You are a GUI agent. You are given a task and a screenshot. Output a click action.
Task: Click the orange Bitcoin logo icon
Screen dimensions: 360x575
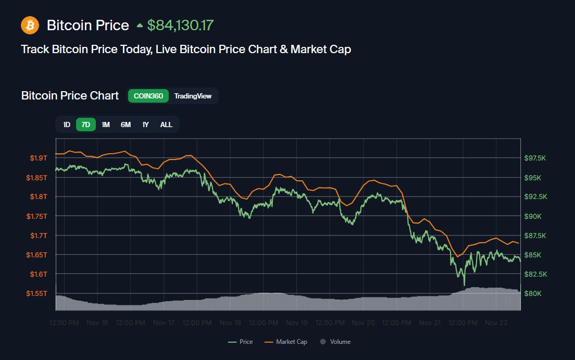point(30,25)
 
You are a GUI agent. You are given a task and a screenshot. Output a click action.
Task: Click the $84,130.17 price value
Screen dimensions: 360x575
point(180,25)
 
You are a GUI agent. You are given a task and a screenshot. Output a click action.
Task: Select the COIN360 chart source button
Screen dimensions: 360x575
point(148,96)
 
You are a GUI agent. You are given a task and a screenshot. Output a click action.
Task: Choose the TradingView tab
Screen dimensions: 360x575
point(193,96)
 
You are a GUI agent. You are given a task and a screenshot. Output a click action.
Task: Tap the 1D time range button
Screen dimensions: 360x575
point(67,125)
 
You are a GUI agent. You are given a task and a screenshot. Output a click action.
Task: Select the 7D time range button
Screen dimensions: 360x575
point(86,125)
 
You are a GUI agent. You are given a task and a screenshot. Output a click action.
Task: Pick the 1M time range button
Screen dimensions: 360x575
point(106,125)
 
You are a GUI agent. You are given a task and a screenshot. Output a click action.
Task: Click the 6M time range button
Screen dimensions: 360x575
point(126,125)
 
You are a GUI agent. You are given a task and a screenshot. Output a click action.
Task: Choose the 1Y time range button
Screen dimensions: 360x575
point(146,125)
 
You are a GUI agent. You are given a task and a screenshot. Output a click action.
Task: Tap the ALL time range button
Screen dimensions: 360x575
point(166,125)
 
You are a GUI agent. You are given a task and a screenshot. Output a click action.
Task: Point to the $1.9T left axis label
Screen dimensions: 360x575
point(38,158)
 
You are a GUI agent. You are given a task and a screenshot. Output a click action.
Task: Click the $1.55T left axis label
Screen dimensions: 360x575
point(36,293)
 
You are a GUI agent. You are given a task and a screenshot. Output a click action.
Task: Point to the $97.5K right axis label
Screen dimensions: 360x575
point(535,158)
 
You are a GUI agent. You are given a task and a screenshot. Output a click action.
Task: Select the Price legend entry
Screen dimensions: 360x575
point(241,342)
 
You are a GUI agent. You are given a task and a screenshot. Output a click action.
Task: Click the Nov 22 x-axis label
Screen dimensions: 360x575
point(497,323)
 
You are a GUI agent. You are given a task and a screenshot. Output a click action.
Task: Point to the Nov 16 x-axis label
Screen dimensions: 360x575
point(97,323)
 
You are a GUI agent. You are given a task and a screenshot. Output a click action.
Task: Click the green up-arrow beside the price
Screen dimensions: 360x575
point(140,25)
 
